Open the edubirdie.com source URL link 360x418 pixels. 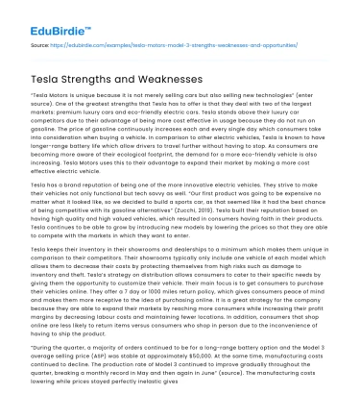click(144, 44)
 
